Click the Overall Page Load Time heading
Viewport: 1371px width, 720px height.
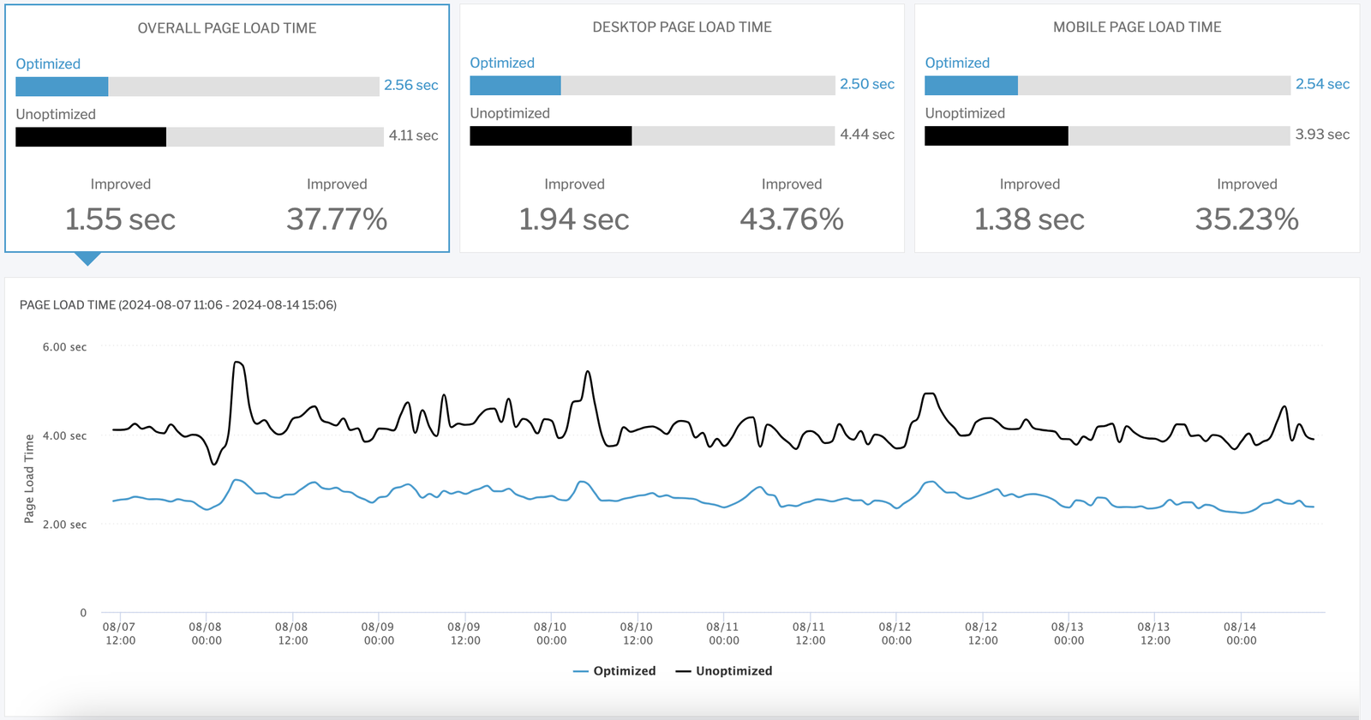(227, 28)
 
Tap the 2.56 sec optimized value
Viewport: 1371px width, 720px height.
(410, 85)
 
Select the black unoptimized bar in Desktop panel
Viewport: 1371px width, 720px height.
(551, 135)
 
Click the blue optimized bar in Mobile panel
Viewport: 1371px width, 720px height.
(971, 85)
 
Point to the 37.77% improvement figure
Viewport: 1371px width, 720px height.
(337, 219)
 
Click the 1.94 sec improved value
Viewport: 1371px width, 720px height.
(574, 219)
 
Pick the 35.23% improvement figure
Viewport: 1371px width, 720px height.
(1247, 219)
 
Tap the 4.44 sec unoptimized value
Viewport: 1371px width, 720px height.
(866, 135)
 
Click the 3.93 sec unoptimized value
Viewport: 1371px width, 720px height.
(1321, 135)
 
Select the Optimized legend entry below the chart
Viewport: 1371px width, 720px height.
(614, 671)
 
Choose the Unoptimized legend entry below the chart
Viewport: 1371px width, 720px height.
(724, 671)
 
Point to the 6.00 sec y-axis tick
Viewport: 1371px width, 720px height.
(64, 347)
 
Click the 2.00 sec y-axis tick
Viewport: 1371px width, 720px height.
(64, 525)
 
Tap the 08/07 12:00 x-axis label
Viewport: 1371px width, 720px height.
(120, 633)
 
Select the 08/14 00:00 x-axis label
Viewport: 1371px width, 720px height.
(1240, 633)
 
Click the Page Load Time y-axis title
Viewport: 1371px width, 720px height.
(29, 478)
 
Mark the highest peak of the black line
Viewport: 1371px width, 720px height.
(237, 363)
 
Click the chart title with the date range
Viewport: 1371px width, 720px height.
(178, 305)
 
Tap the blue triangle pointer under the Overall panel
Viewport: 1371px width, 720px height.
(87, 258)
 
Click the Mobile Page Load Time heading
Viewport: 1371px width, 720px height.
(1137, 27)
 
